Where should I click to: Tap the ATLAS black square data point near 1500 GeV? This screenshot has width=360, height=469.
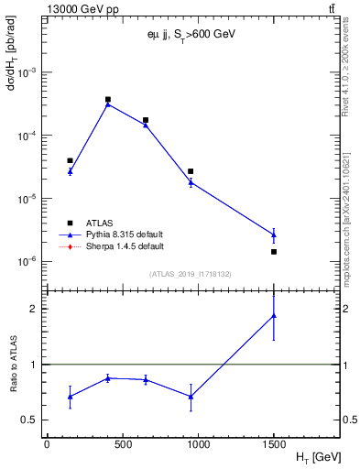click(x=274, y=251)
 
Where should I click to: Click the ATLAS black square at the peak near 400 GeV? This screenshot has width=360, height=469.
click(x=108, y=99)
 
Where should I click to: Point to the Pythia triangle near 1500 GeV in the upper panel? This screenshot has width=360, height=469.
click(x=274, y=234)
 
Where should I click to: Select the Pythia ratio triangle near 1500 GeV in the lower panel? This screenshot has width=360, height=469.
click(x=274, y=316)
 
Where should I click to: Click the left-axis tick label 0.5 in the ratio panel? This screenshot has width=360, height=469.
click(x=30, y=420)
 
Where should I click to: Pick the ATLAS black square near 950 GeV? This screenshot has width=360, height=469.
click(x=191, y=171)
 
